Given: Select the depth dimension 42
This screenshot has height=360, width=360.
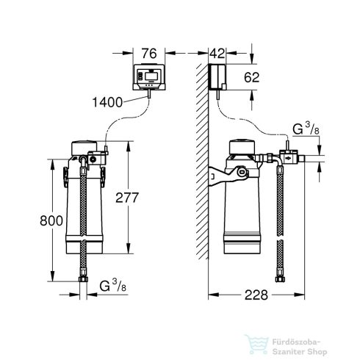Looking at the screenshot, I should point(216,53).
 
